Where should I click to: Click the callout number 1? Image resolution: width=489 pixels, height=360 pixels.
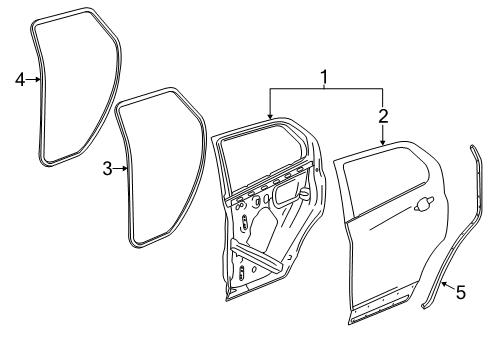click(x=323, y=77)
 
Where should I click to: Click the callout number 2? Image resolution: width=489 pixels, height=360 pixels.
click(x=383, y=116)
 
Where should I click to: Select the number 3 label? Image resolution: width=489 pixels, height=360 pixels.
click(x=107, y=170)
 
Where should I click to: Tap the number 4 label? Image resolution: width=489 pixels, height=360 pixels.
click(x=19, y=80)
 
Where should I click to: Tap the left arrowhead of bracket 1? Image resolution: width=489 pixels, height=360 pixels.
click(x=269, y=120)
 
